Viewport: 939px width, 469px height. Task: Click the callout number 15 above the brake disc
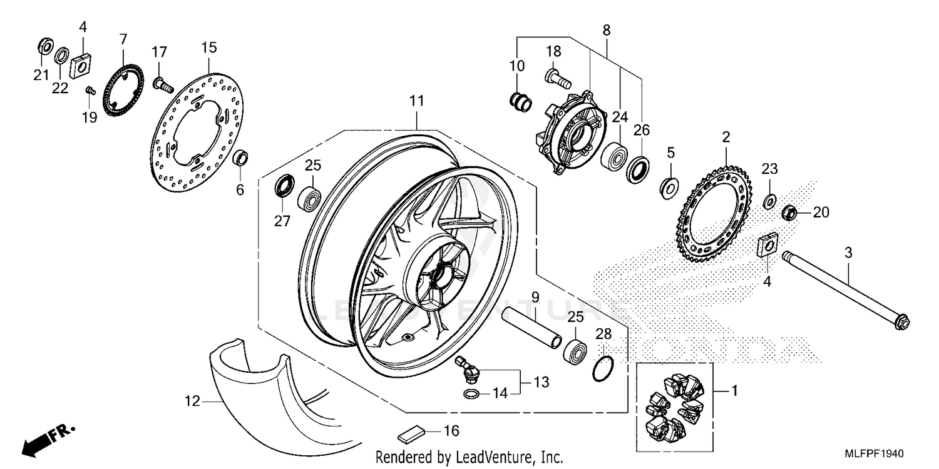click(x=208, y=47)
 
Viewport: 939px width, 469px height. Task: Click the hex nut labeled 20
click(x=789, y=213)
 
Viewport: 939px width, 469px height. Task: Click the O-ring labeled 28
click(x=602, y=369)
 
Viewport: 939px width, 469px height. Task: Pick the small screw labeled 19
click(x=90, y=91)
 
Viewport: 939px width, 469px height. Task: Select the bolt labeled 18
click(x=558, y=79)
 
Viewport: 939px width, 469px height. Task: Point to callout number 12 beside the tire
click(x=192, y=401)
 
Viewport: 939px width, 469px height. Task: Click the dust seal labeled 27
click(x=285, y=186)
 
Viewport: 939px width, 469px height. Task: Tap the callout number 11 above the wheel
click(x=418, y=101)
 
